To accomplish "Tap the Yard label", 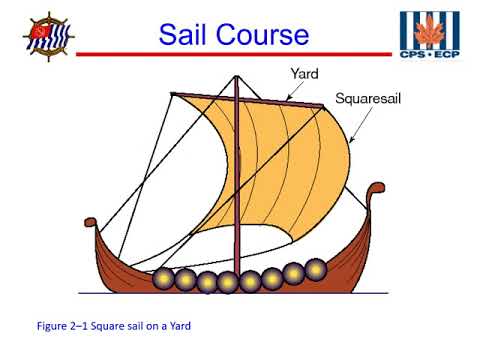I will tap(303, 74).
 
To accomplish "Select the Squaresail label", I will tap(370, 101).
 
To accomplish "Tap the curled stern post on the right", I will tap(375, 190).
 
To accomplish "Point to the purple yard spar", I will tap(250, 99).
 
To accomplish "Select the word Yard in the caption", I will tap(176, 326).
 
